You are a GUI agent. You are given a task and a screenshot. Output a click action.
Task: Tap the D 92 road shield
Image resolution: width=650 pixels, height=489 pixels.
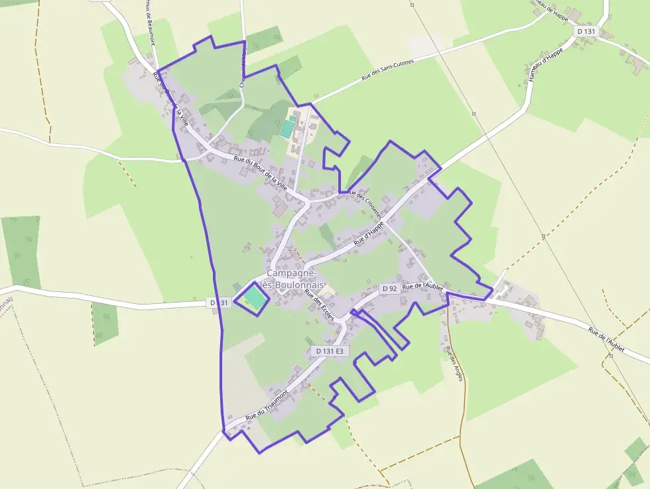click(389, 289)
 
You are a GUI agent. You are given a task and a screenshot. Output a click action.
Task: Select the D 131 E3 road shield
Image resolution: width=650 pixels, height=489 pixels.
click(329, 350)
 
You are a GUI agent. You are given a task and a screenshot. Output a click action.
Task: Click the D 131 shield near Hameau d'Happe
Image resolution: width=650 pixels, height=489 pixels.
click(585, 31)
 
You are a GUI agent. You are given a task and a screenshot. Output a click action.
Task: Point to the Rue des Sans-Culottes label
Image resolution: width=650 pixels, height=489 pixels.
click(387, 70)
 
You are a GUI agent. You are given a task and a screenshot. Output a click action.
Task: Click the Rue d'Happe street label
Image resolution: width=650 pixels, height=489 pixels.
click(369, 234)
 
